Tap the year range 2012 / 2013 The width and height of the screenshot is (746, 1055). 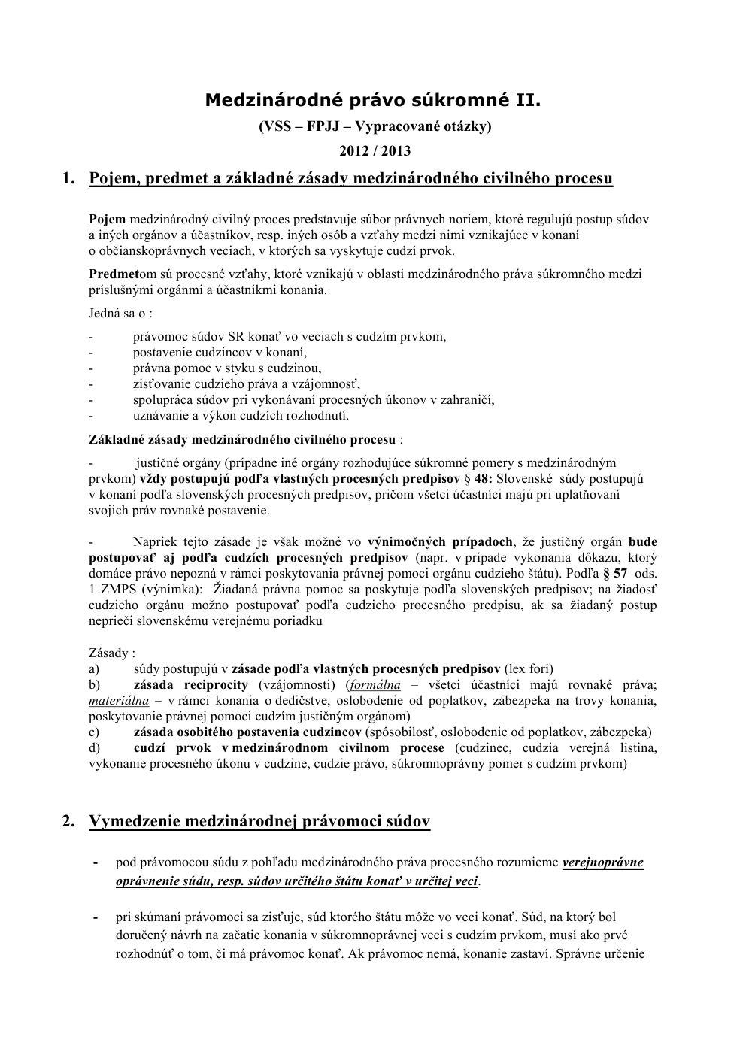375,150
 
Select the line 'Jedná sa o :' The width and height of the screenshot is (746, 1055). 120,313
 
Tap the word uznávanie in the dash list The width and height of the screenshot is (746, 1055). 158,415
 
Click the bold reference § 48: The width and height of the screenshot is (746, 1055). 478,478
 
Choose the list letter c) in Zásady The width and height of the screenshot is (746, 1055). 94,732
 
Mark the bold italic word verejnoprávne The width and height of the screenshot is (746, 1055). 602,862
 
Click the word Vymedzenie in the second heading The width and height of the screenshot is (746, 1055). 138,821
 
